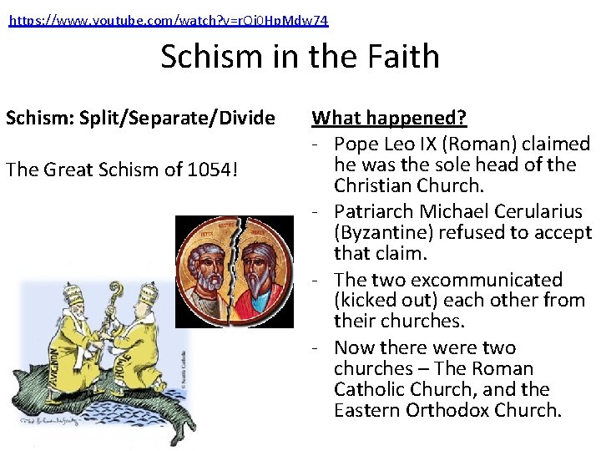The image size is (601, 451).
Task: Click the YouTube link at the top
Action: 169,20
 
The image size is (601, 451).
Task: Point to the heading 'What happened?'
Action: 389,118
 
